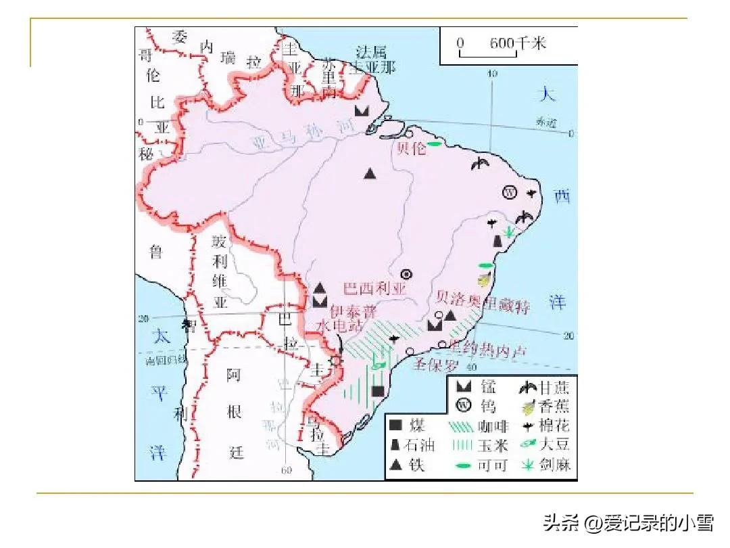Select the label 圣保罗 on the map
click(x=436, y=365)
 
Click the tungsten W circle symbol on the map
click(x=510, y=192)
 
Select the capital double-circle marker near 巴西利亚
click(x=406, y=274)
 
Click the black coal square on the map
click(x=378, y=390)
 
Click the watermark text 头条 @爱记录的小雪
click(x=629, y=522)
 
